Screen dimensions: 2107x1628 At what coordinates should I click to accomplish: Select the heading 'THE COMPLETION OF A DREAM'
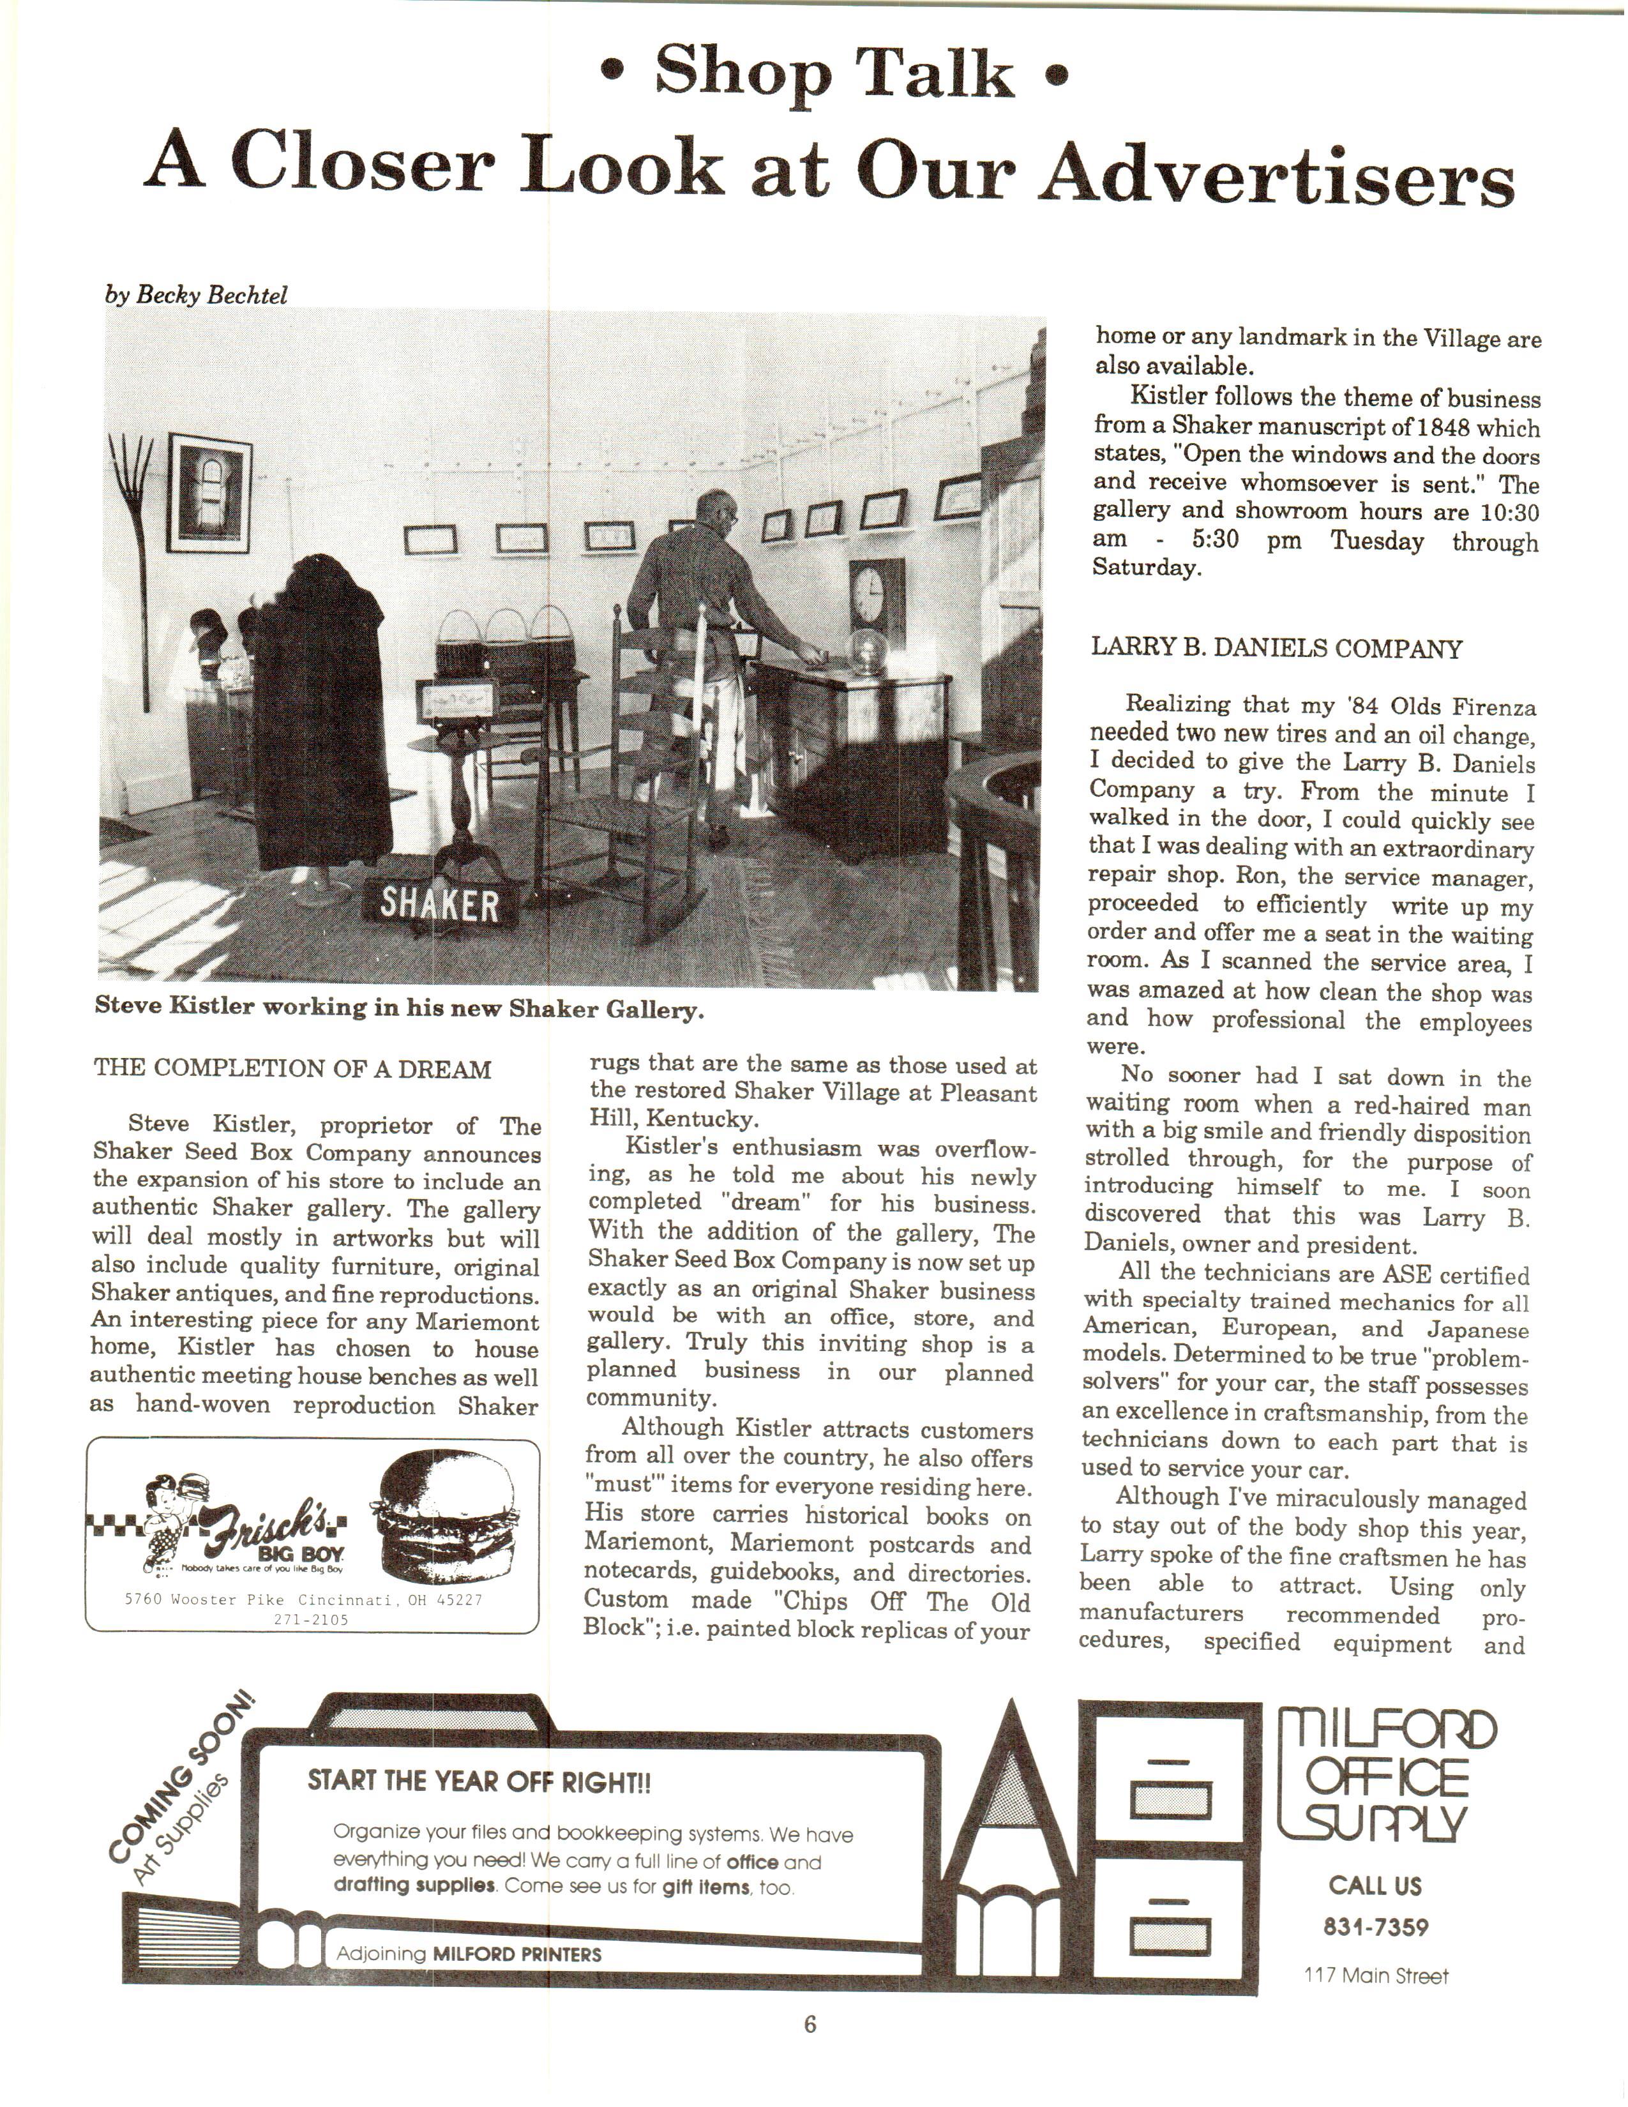(x=292, y=1069)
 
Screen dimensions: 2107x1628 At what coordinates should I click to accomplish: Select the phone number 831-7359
(x=1375, y=1928)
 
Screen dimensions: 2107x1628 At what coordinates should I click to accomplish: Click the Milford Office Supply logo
(x=1386, y=1773)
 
